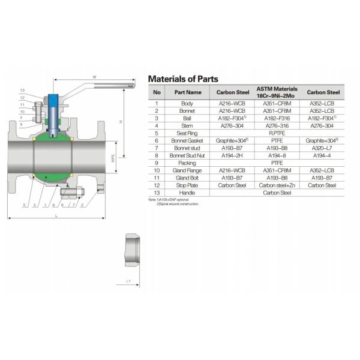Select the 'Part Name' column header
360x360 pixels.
[x=188, y=92]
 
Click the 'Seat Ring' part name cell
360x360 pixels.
[x=188, y=133]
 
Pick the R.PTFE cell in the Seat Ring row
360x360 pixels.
[x=277, y=133]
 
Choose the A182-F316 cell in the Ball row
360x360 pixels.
[x=277, y=118]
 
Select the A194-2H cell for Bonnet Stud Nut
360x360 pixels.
[x=232, y=155]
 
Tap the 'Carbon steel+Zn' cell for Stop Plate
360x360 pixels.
[x=277, y=185]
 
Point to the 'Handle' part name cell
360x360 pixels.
[x=188, y=193]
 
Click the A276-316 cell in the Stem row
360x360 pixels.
[x=277, y=126]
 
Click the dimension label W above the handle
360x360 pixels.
[x=94, y=76]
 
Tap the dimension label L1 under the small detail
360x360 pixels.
[x=128, y=280]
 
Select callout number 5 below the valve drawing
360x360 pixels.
[x=24, y=205]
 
